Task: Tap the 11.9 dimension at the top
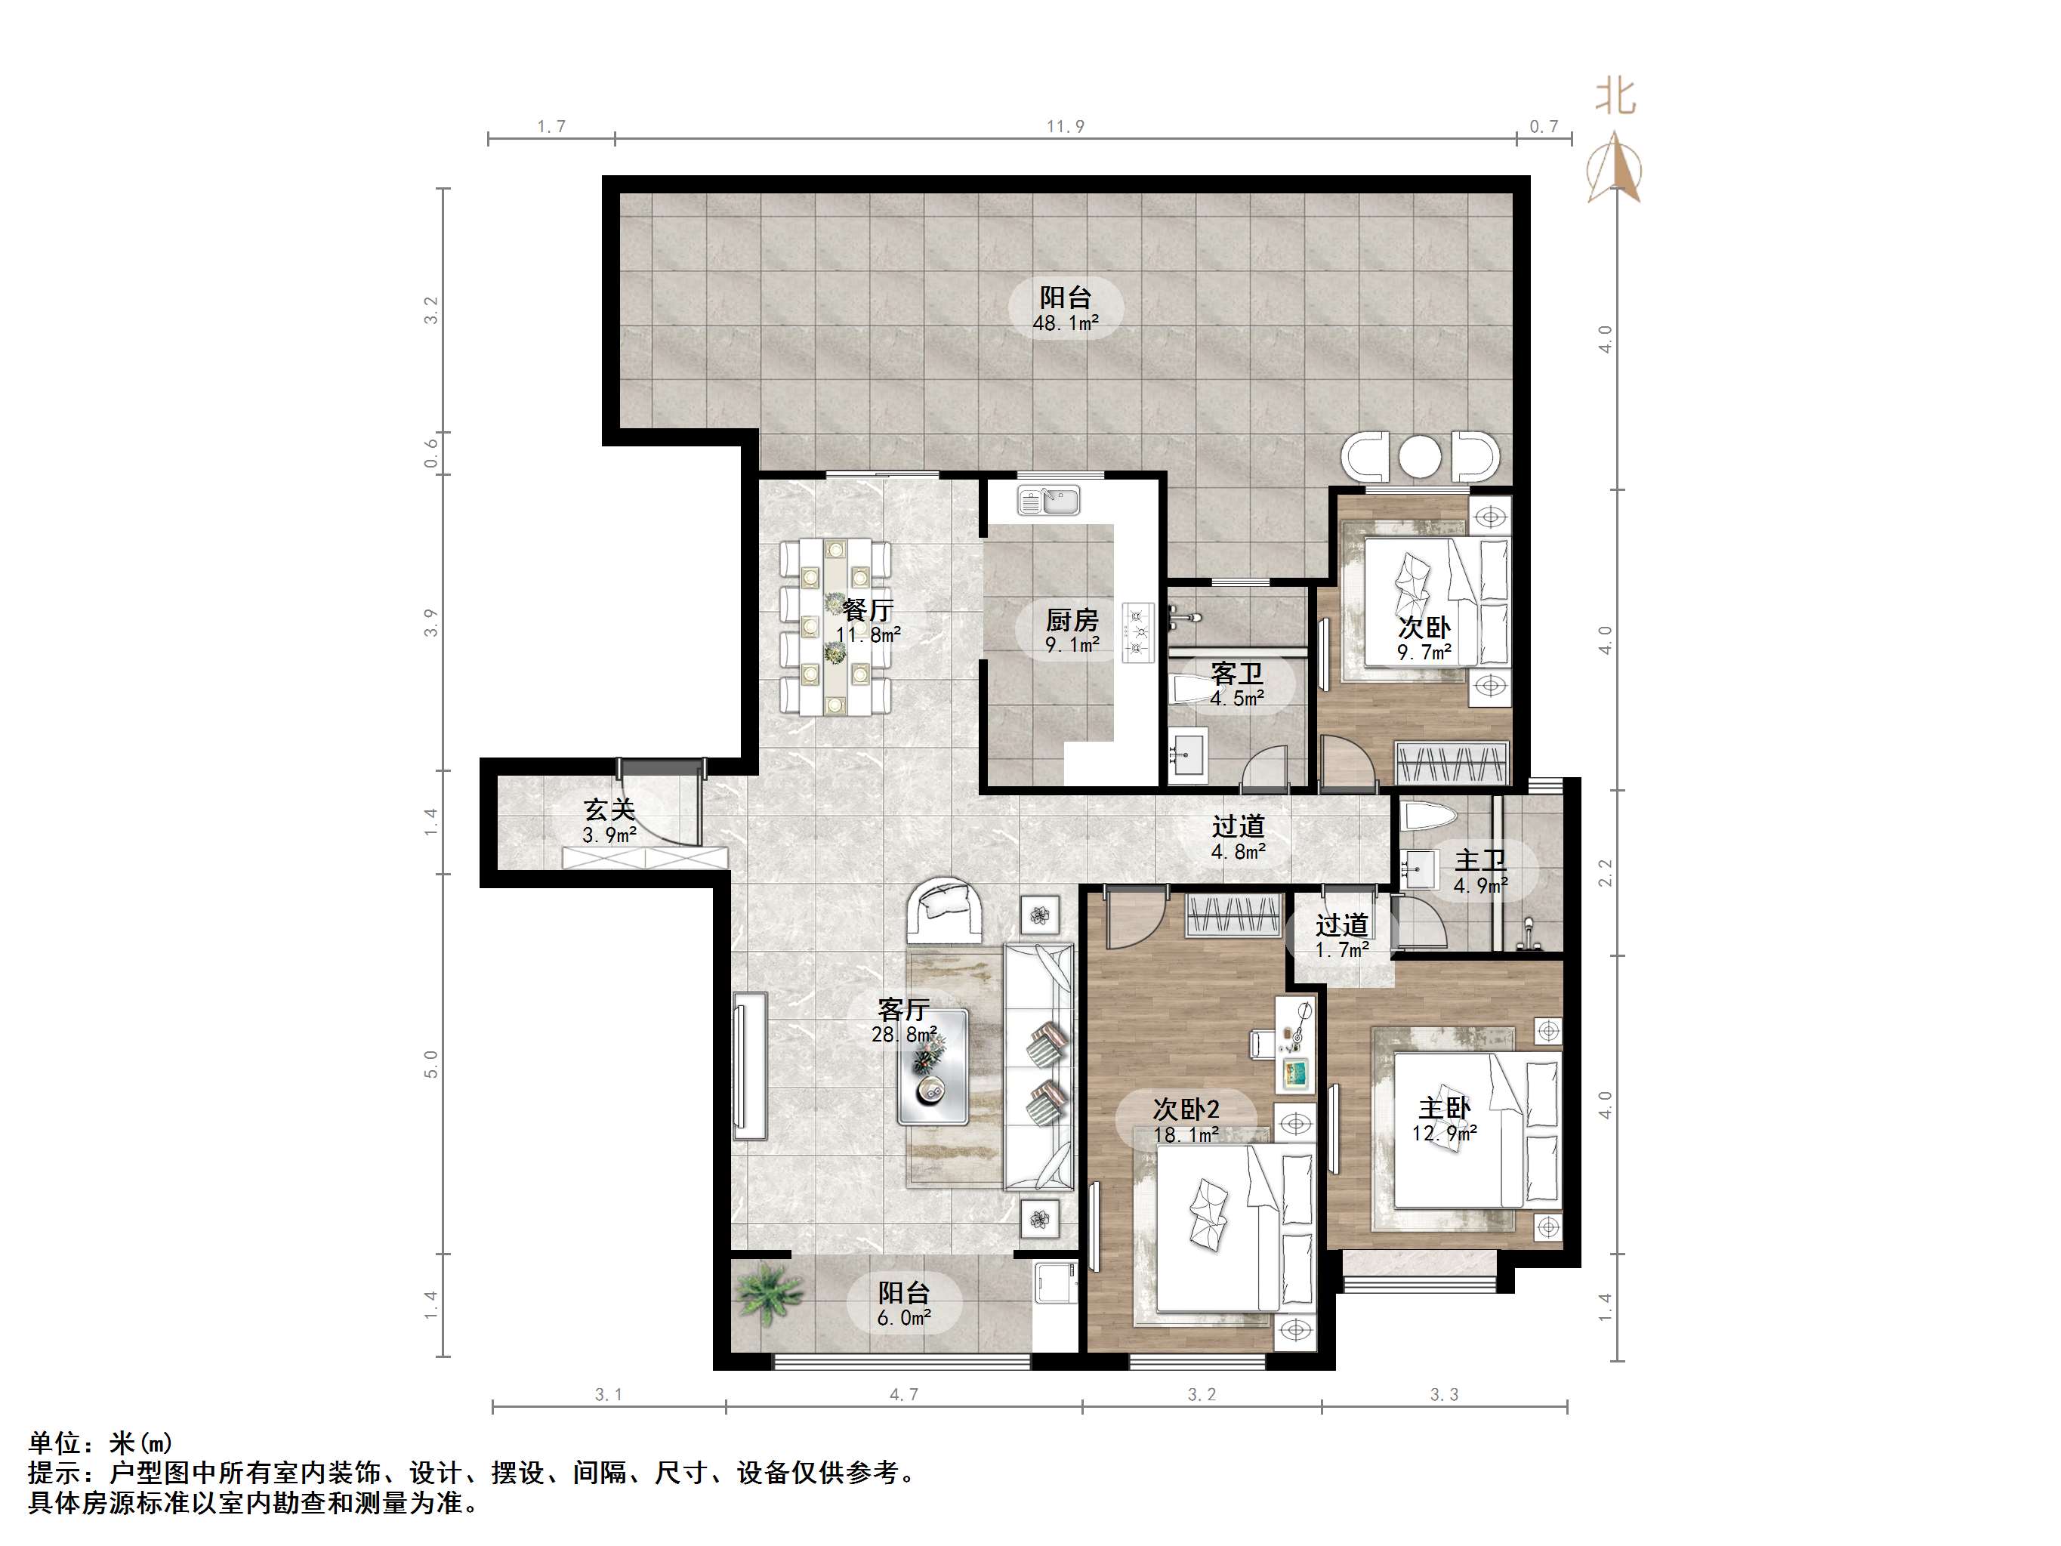tap(1065, 127)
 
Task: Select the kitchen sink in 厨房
tap(1049, 501)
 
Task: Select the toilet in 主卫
tap(1428, 818)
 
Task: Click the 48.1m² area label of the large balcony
tap(1065, 324)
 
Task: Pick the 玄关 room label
tap(609, 809)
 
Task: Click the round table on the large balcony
tap(1419, 458)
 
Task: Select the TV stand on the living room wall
tap(749, 1065)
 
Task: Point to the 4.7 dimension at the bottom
tap(902, 1395)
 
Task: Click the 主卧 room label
tap(1444, 1108)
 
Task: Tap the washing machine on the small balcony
tap(1056, 1288)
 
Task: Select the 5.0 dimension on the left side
tap(430, 1063)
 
